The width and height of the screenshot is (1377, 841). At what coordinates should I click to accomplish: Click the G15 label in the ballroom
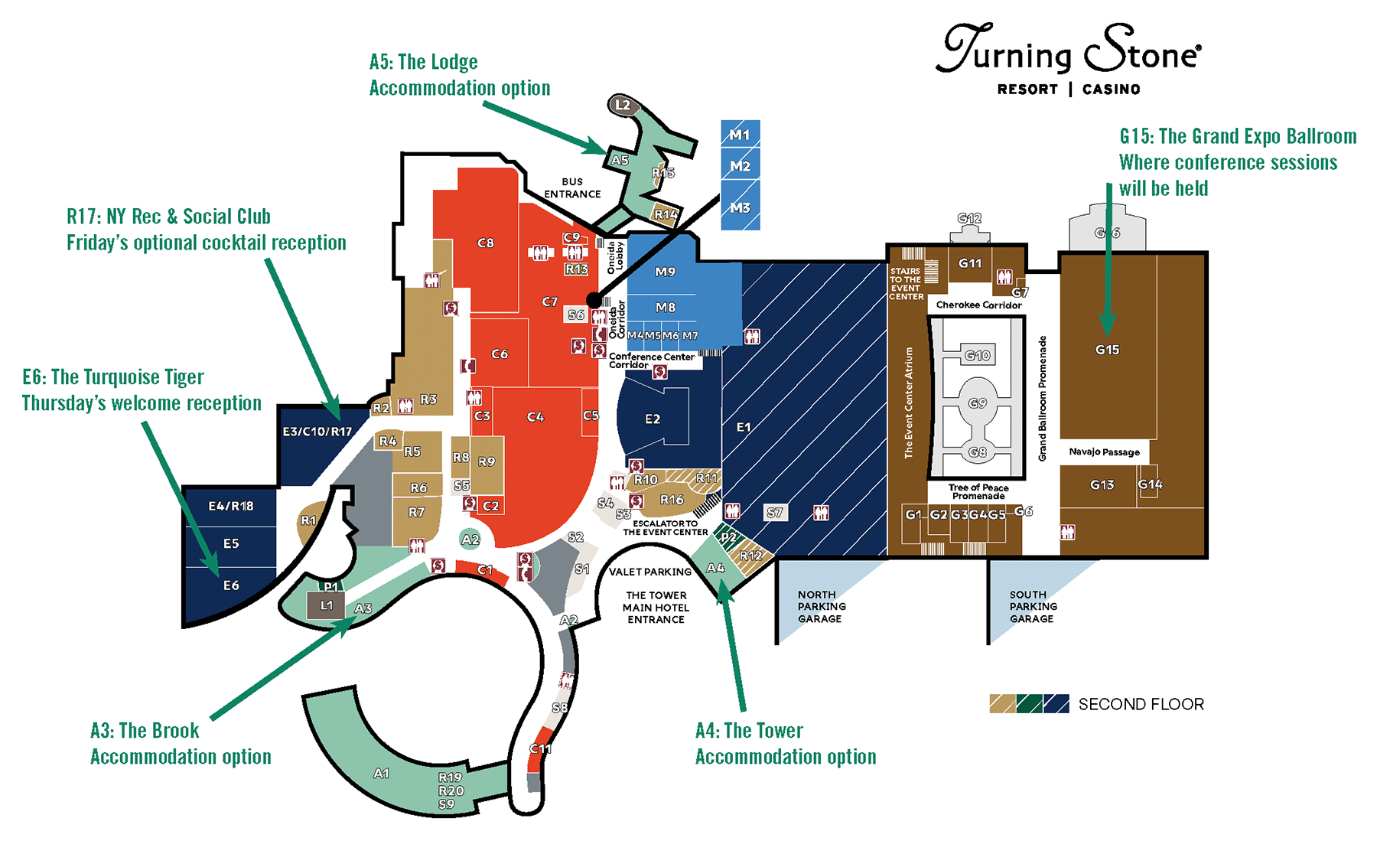1107,350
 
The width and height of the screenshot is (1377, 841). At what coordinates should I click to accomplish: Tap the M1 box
740,135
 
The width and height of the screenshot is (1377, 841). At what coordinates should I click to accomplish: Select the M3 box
740,207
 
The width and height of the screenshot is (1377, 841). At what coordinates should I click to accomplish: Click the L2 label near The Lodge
623,105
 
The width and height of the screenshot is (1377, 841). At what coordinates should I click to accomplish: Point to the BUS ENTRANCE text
572,187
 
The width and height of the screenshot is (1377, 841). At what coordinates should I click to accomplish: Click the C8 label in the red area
485,243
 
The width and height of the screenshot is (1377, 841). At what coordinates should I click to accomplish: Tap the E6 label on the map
231,585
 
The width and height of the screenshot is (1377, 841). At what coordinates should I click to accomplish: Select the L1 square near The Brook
326,605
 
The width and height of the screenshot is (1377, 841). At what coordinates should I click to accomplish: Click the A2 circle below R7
470,539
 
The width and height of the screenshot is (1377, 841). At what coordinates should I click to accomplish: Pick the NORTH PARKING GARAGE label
821,606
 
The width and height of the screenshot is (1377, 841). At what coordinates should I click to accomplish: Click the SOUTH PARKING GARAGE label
1033,606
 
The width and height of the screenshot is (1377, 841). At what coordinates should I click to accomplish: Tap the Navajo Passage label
1104,451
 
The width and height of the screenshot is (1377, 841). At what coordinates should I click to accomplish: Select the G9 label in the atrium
978,403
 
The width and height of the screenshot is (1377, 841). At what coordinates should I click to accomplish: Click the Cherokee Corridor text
978,305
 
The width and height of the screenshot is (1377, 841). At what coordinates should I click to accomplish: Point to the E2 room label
652,419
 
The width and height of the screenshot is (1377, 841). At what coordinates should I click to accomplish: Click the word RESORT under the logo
1027,90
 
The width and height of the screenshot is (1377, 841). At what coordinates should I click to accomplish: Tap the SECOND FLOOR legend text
1141,704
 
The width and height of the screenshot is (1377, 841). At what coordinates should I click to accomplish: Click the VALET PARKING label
650,572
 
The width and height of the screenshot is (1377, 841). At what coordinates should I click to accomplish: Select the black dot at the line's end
594,299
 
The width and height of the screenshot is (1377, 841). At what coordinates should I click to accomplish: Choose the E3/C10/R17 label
317,432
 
